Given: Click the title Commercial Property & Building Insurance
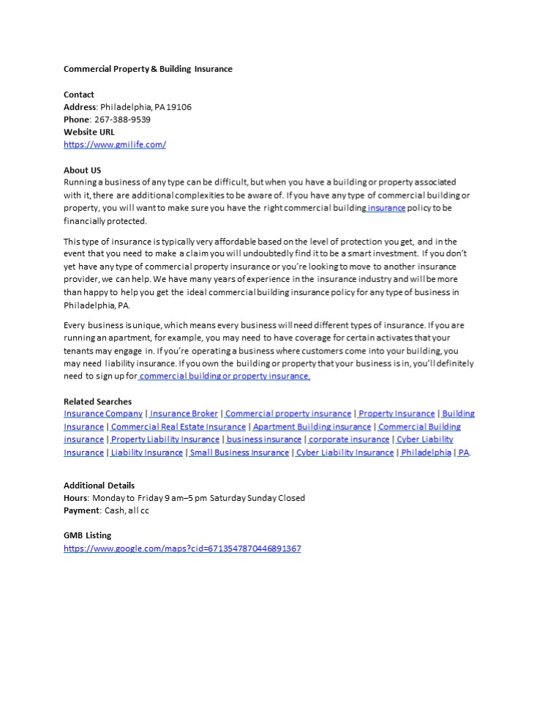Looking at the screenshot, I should coord(148,69).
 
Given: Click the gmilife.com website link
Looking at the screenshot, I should coord(115,144).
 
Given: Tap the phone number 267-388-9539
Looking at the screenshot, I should coord(123,119).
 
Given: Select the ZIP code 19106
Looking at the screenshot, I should coord(179,107).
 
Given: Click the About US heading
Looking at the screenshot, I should coord(82,170).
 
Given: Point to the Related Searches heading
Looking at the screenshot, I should coord(97,401).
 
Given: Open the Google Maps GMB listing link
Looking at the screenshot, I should coord(182,548).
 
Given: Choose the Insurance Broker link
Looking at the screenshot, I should coord(184,414).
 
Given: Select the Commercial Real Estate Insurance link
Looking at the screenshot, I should coord(178,426).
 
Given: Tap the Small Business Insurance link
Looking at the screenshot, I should coord(239,452).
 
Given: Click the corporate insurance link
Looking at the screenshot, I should coord(349,439).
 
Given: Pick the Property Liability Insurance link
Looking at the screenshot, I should coord(165,439).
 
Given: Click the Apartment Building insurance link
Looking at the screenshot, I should coord(312,426).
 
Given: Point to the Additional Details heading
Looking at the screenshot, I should coord(99,485).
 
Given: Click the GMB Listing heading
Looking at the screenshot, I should coord(88,535).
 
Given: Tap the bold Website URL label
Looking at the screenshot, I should coord(89,132).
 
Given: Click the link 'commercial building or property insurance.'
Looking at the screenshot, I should coord(225,376).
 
